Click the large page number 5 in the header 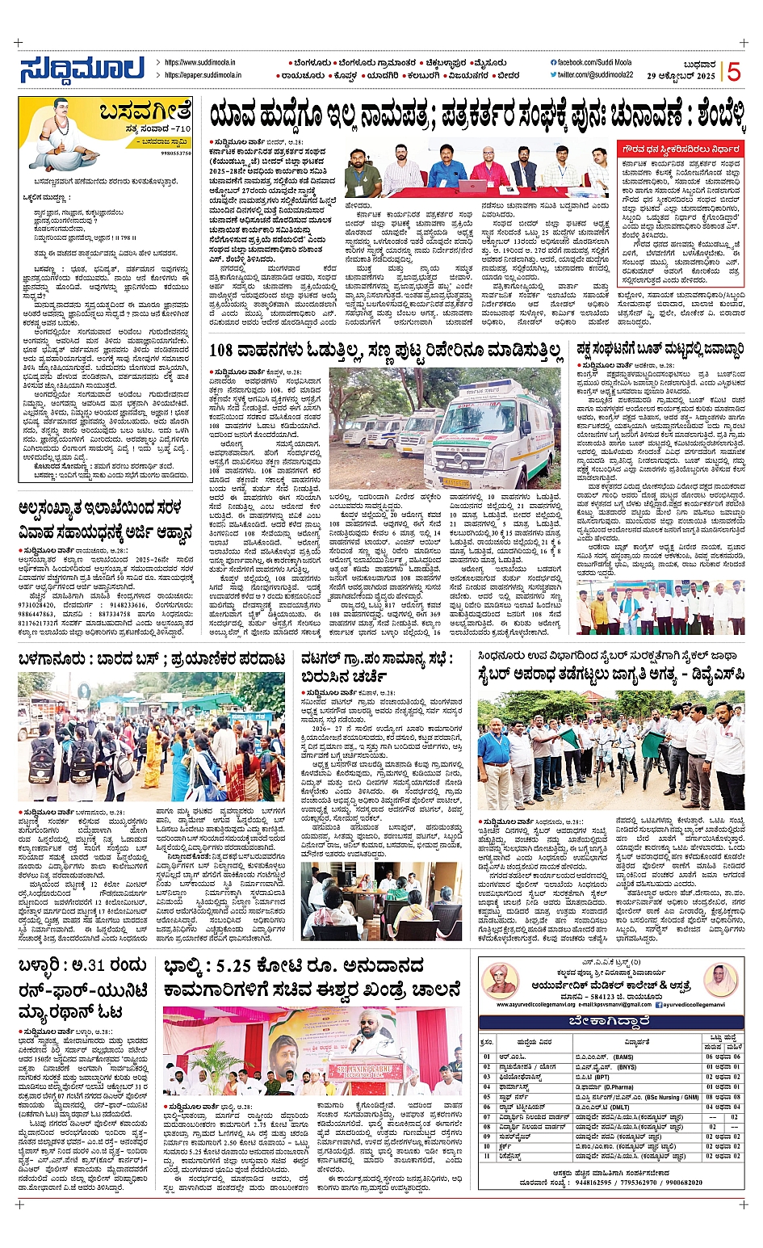point(733,72)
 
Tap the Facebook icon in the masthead point(553,62)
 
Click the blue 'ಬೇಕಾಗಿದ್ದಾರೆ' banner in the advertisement point(611,1021)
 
